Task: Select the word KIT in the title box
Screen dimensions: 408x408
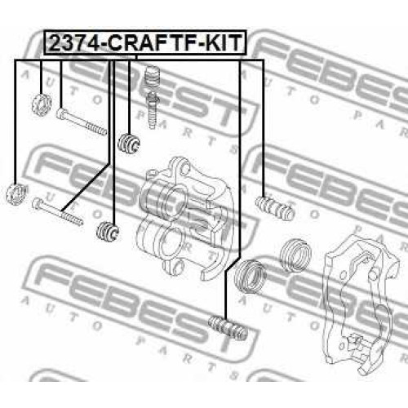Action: (222, 42)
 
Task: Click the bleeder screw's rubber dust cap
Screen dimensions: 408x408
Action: (153, 78)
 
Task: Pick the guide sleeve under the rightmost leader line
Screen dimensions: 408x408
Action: (275, 208)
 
